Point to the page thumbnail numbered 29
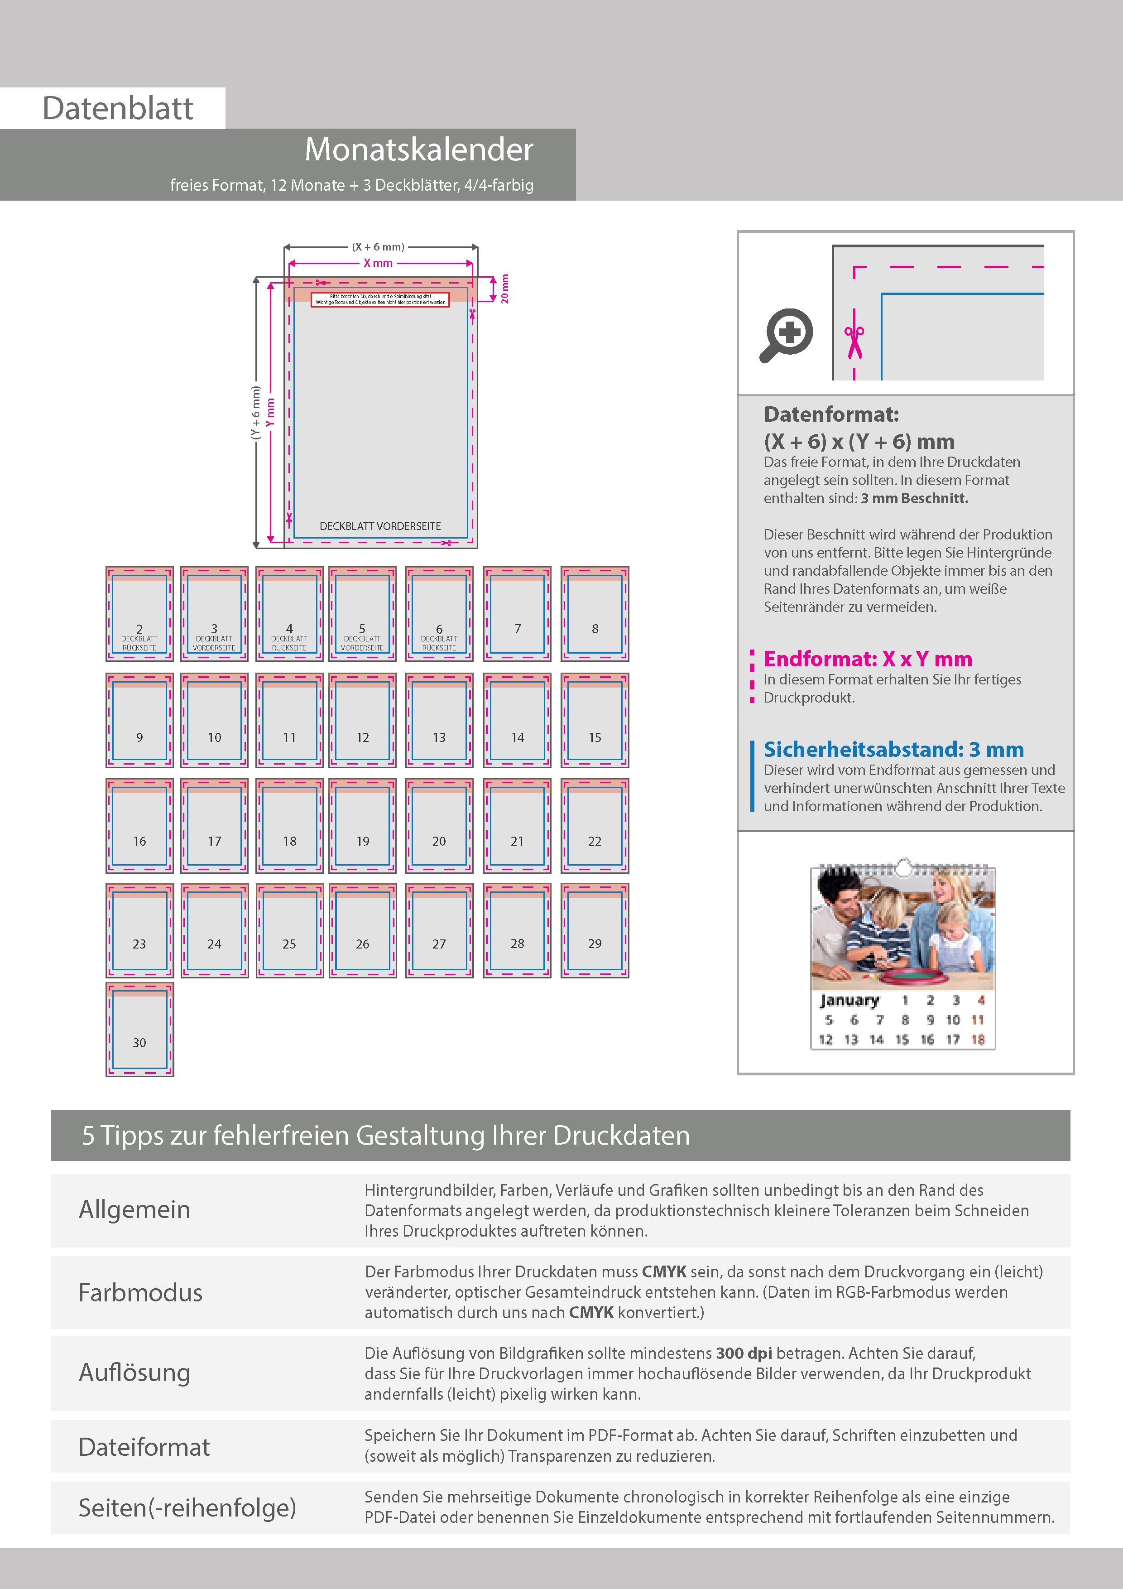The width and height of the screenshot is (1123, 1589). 595,930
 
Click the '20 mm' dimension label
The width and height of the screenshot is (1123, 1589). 504,288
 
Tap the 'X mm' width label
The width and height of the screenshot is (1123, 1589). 378,263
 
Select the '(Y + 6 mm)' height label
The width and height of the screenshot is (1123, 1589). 256,413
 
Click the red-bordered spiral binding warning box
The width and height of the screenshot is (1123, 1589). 380,299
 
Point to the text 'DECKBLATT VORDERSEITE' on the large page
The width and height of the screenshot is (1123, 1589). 380,526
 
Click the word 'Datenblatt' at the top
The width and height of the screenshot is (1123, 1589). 118,108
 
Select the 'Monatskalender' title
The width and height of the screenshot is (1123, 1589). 418,149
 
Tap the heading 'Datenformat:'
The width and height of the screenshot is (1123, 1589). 831,414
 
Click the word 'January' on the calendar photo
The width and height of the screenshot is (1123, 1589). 849,1001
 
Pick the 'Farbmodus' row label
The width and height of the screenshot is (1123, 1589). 140,1292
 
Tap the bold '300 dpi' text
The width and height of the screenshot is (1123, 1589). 744,1353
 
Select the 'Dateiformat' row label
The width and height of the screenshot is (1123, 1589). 144,1446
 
